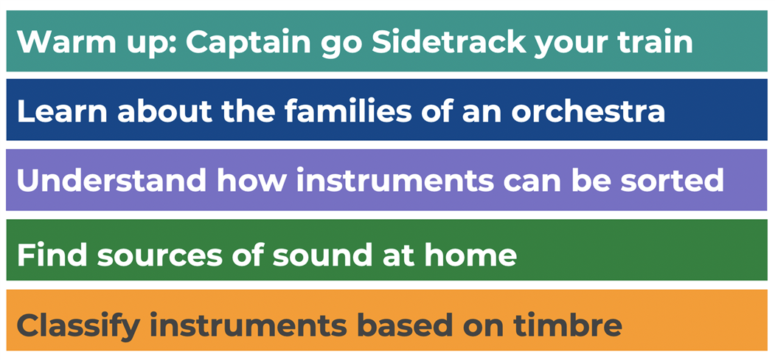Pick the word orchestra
(588, 112)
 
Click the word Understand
(111, 181)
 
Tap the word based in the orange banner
(406, 325)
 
